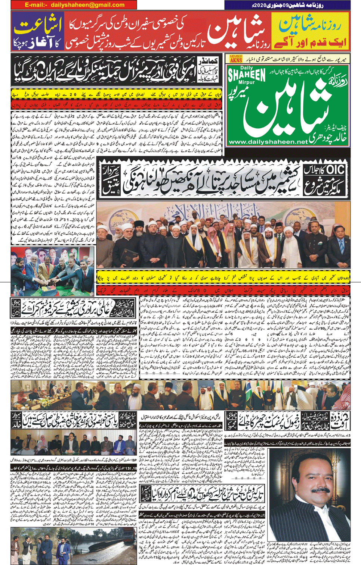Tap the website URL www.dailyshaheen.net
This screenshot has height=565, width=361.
click(268, 142)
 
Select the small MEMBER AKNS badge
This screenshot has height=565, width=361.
click(236, 59)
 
